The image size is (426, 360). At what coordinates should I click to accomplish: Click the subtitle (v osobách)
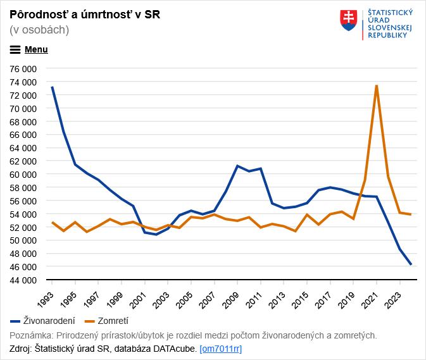click(39, 30)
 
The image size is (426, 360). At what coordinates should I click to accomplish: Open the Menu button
click(29, 49)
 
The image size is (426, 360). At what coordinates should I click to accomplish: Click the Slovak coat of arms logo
click(349, 20)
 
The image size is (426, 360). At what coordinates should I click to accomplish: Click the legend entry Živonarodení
click(43, 321)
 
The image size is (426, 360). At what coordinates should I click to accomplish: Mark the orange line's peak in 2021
click(377, 85)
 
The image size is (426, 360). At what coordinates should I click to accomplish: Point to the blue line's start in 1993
click(52, 87)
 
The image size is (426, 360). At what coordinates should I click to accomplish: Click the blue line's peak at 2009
click(237, 166)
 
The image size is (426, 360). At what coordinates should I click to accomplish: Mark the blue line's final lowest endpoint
click(411, 264)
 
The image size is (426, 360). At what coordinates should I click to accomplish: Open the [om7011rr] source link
click(220, 349)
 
